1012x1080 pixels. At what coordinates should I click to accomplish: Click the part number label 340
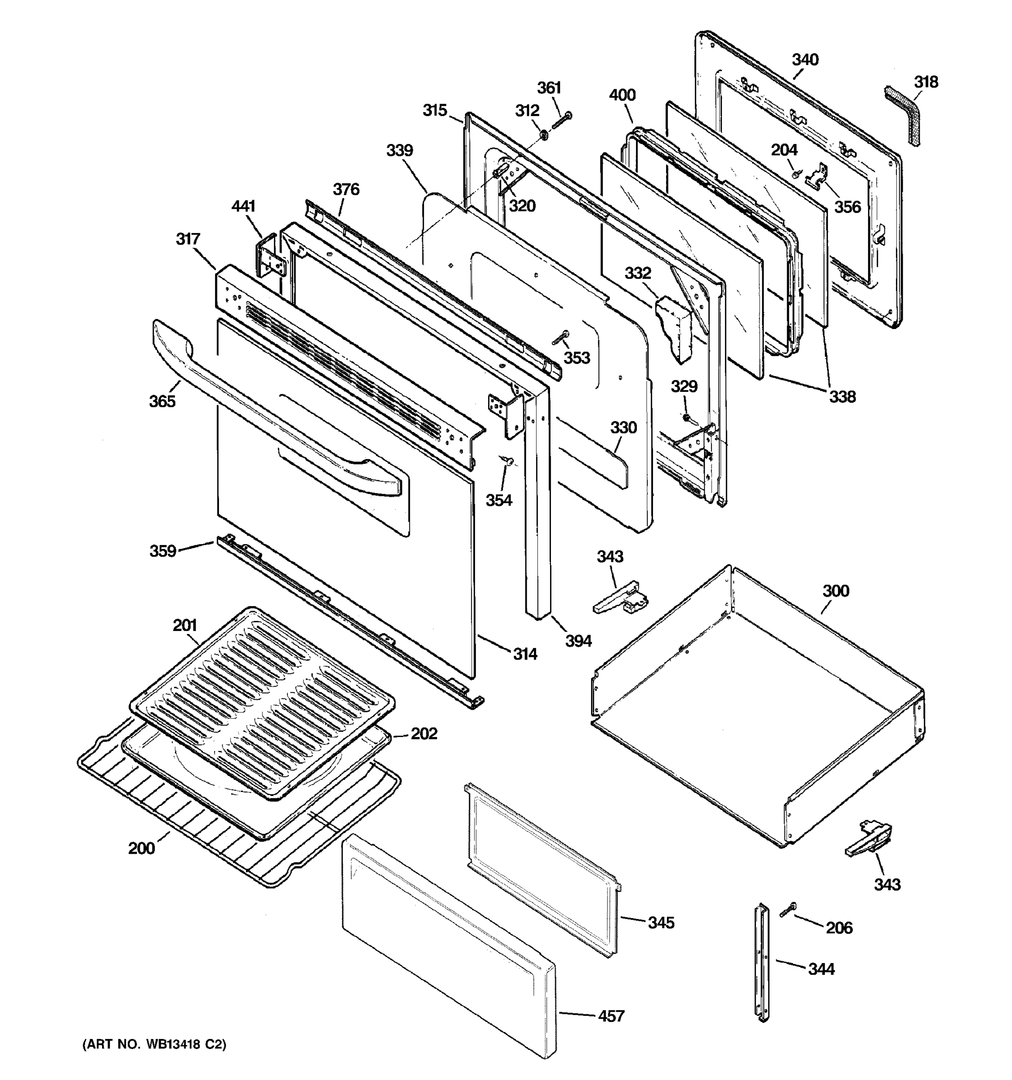(805, 60)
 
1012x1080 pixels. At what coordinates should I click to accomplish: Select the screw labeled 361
(561, 121)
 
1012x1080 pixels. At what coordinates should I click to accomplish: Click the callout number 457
(611, 1016)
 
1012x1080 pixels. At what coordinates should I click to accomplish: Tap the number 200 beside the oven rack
(141, 848)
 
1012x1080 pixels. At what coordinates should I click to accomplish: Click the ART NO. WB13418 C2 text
(154, 1044)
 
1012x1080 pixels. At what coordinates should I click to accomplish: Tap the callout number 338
(842, 396)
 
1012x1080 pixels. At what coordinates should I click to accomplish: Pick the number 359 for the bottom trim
(163, 551)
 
